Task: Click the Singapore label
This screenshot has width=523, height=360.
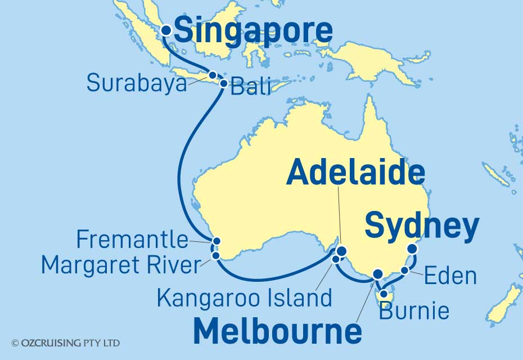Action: tap(253, 31)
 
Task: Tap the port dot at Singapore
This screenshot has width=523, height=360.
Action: tap(166, 31)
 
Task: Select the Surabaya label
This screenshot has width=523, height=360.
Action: tap(137, 83)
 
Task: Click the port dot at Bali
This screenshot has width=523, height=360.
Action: tap(223, 84)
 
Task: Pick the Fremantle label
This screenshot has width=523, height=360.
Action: tap(132, 240)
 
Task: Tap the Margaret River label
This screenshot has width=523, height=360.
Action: tap(121, 265)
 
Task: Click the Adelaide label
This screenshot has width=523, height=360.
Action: tap(355, 173)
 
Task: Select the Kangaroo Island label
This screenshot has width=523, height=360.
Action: tap(244, 298)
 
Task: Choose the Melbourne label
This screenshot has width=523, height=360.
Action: tap(277, 331)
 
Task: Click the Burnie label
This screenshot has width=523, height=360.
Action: tap(414, 310)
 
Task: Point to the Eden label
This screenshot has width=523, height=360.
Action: tap(450, 276)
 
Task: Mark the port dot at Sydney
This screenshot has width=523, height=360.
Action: tap(412, 249)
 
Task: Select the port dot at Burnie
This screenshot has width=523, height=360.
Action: tap(384, 293)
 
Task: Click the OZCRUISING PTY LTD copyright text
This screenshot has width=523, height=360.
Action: tap(65, 343)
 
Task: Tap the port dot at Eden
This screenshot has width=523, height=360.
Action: tap(405, 271)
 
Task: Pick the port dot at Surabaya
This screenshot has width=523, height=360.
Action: tap(213, 75)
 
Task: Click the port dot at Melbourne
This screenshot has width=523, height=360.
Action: tap(378, 274)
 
